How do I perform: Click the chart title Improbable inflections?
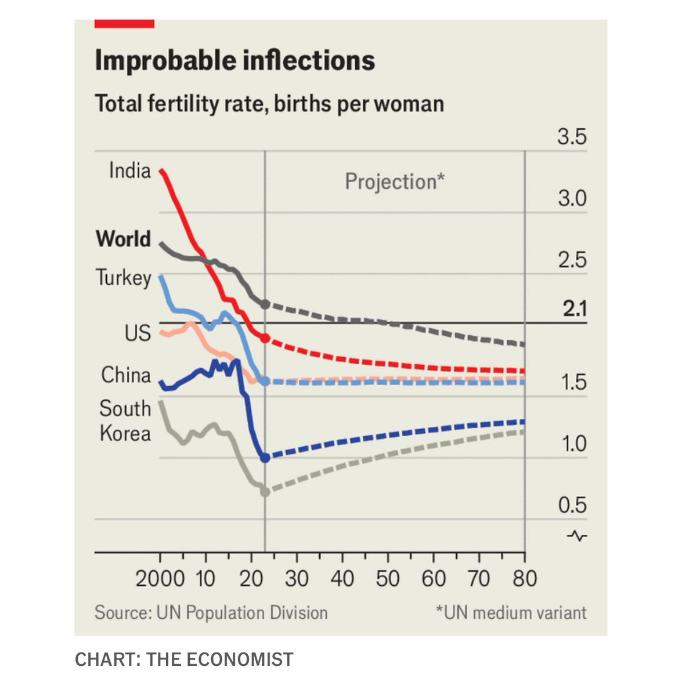coord(234,61)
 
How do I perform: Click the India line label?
coord(130,171)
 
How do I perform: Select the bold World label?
coord(123,239)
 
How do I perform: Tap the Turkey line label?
coord(123,278)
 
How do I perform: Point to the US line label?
coord(138,333)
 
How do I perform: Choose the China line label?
coord(126,375)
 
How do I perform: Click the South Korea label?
coord(125,420)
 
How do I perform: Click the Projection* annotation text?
coord(395,182)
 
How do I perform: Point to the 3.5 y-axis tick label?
coord(572,137)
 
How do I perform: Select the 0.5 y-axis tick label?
coord(572,505)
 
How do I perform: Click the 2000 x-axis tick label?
coord(160,579)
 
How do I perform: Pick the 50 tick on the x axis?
coord(388,579)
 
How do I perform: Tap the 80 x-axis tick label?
coord(525,579)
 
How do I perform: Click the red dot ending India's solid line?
coord(265,338)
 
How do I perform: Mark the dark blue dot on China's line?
coord(265,458)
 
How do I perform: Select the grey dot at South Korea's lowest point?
coord(265,492)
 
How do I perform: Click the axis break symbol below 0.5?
coord(577,536)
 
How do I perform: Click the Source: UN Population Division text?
coord(211,612)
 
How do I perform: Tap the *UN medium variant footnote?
coord(511,612)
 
